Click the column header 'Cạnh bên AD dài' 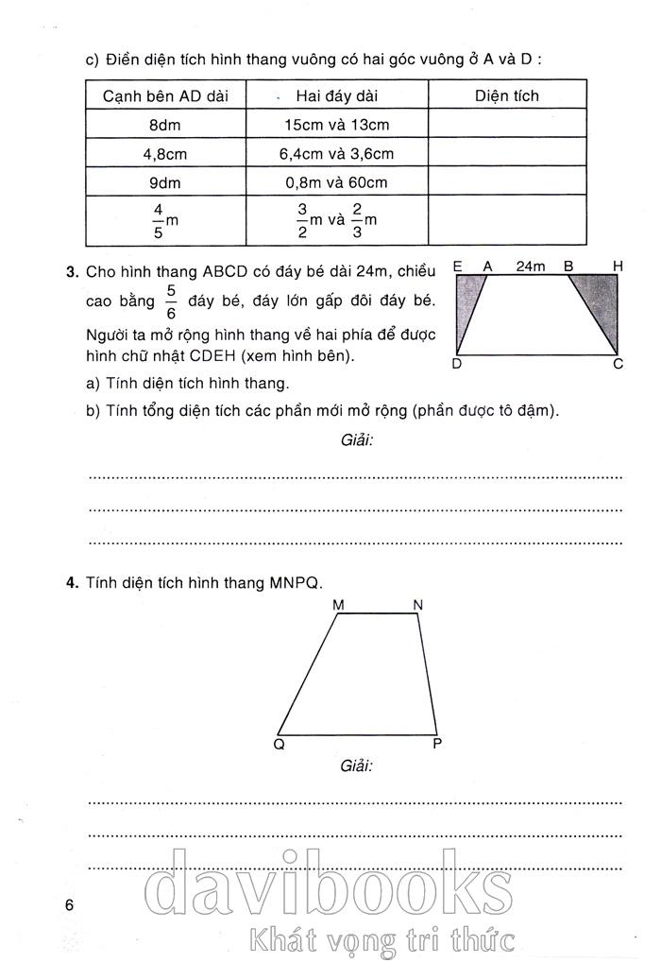pyautogui.click(x=164, y=96)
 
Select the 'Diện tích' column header pyautogui.click(x=507, y=96)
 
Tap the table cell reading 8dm pyautogui.click(x=164, y=125)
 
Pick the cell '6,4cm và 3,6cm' pyautogui.click(x=336, y=153)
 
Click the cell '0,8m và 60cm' pyautogui.click(x=336, y=181)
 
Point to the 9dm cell pyautogui.click(x=164, y=181)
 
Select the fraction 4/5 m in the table pyautogui.click(x=163, y=220)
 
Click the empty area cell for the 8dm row pyautogui.click(x=507, y=125)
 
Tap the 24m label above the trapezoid pyautogui.click(x=531, y=267)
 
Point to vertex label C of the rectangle pyautogui.click(x=619, y=364)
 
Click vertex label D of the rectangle pyautogui.click(x=457, y=364)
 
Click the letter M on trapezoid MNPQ pyautogui.click(x=338, y=604)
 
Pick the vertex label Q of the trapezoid pyautogui.click(x=280, y=743)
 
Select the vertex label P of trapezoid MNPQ pyautogui.click(x=437, y=743)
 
